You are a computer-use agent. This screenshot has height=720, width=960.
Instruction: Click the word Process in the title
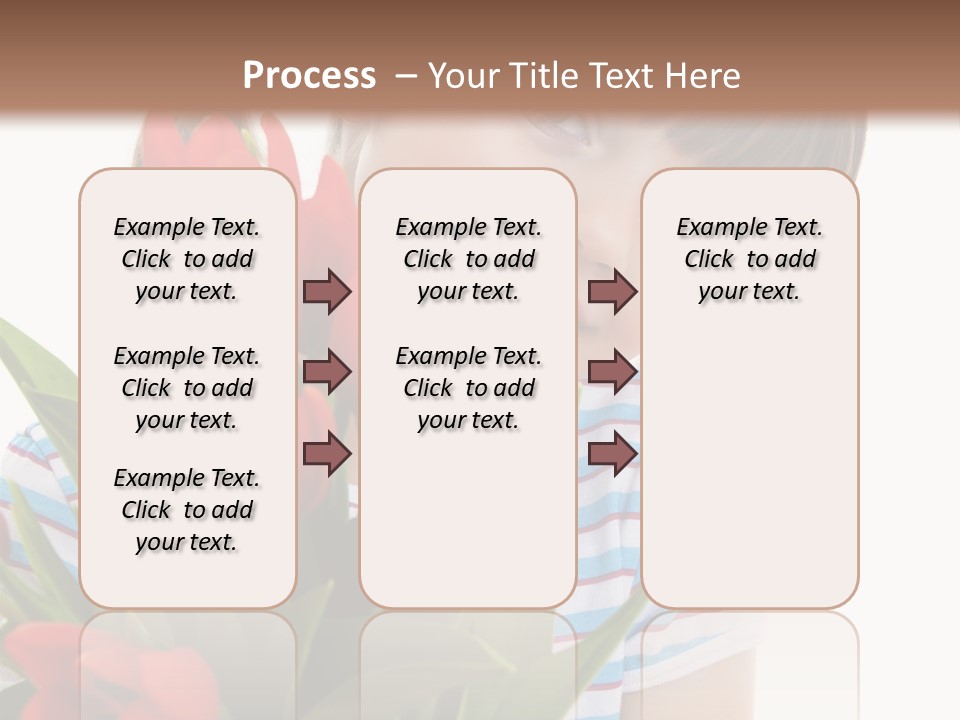(x=309, y=76)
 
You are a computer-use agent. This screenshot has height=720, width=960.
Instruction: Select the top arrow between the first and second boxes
(x=327, y=291)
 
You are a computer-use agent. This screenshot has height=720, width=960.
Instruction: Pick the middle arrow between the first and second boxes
(x=327, y=372)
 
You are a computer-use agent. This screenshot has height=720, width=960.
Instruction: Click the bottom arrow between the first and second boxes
(x=327, y=454)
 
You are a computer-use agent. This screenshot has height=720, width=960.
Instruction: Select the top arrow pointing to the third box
(x=612, y=291)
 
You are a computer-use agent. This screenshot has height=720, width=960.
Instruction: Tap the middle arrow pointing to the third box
(x=612, y=372)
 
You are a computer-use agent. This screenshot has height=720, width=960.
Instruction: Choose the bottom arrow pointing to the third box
(x=612, y=454)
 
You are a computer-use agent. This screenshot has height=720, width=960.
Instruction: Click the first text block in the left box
(x=187, y=259)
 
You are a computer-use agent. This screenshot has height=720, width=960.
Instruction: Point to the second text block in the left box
(x=187, y=388)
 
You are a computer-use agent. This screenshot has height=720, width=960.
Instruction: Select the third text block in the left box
(x=187, y=510)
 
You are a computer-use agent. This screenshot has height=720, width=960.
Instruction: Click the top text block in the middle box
(x=468, y=259)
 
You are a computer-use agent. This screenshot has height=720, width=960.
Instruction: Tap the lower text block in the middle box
(x=468, y=388)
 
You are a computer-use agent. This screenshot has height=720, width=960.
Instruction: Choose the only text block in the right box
(x=749, y=259)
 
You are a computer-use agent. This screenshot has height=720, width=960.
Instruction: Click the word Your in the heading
(x=457, y=76)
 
